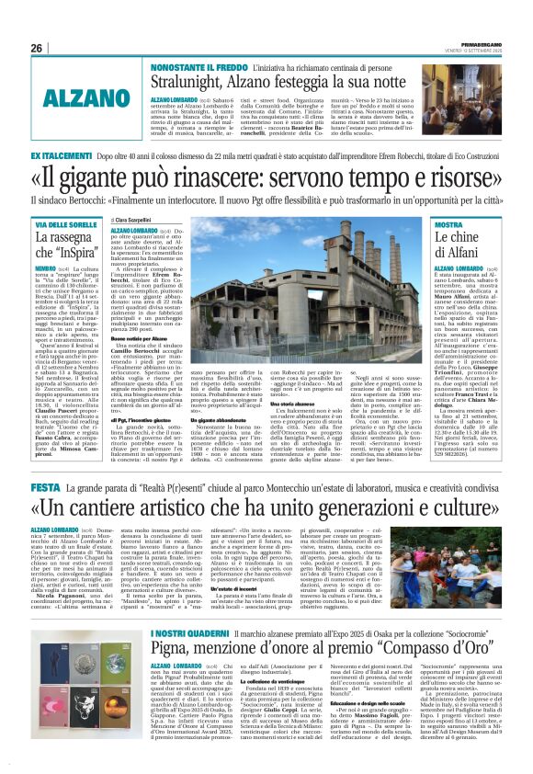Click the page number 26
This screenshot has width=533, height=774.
pyautogui.click(x=36, y=48)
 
